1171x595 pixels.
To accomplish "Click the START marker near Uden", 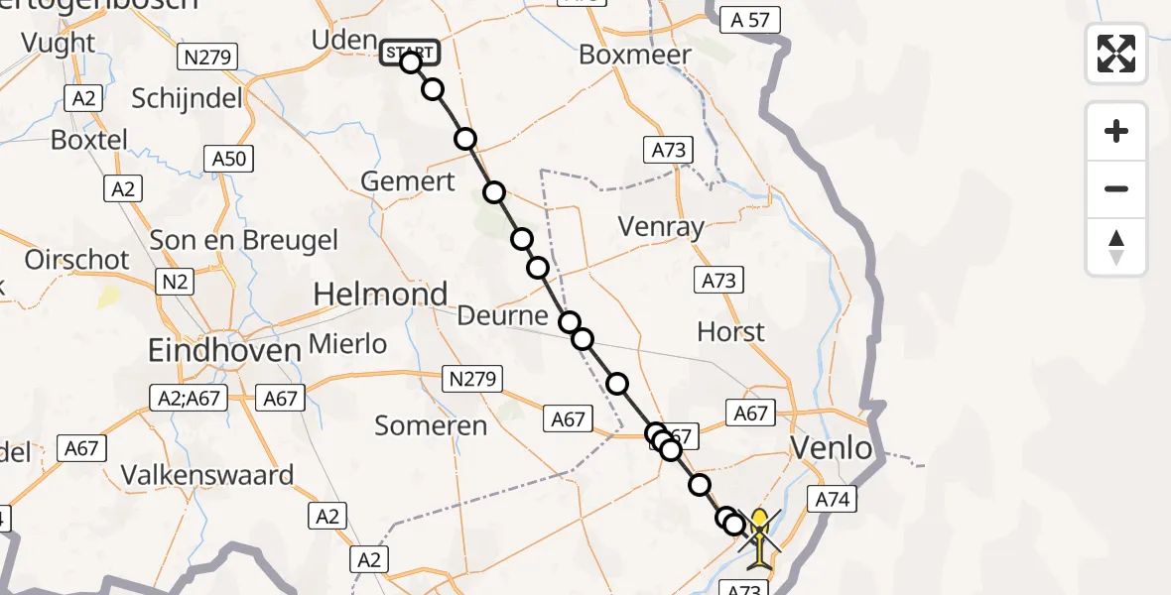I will click(x=409, y=53).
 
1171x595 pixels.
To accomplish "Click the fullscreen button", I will click(x=1116, y=53).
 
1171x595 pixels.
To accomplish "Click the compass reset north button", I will click(x=1116, y=247).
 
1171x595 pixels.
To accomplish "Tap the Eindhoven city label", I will click(x=223, y=350).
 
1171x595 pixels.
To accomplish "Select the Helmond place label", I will click(x=380, y=295).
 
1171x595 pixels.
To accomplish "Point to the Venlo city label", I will click(x=832, y=448).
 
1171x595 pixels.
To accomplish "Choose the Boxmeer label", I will click(x=634, y=55).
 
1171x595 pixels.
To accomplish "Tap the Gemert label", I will click(x=408, y=181).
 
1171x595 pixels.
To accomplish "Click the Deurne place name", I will click(x=503, y=316).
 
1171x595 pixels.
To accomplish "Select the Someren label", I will click(x=431, y=425).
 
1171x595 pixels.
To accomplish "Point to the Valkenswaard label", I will click(x=207, y=474).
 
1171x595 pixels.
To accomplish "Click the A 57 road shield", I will click(x=751, y=19).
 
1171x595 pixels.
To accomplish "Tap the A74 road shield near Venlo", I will click(x=832, y=499).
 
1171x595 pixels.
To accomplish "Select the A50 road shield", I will click(x=229, y=158).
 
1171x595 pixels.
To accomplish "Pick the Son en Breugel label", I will click(x=243, y=240).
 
